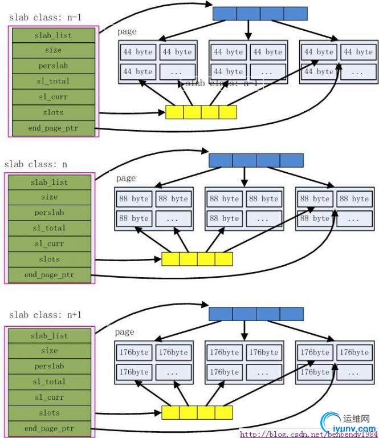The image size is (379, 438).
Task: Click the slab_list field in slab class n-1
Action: [53, 35]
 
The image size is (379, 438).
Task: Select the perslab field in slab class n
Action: [49, 212]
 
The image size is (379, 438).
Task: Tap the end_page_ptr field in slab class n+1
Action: [49, 428]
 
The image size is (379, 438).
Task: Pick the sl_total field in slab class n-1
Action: [53, 82]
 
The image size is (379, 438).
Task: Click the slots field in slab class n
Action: [49, 259]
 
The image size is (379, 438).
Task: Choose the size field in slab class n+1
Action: [49, 351]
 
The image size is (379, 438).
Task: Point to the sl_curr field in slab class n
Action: [49, 244]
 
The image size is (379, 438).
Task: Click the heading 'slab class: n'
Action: [35, 164]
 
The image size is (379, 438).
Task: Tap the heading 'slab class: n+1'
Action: [45, 315]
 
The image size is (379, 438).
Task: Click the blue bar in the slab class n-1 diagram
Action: [260, 14]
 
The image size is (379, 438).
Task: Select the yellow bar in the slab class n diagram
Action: [197, 259]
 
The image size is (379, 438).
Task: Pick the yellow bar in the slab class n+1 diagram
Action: [197, 413]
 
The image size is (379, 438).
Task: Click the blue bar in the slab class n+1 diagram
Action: [256, 314]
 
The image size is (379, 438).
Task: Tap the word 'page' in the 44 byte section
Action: [127, 33]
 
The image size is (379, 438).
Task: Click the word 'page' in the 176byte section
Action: [124, 332]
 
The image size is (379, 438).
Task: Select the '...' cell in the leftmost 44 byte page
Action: [176, 72]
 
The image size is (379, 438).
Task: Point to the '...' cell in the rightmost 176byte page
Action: [356, 372]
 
